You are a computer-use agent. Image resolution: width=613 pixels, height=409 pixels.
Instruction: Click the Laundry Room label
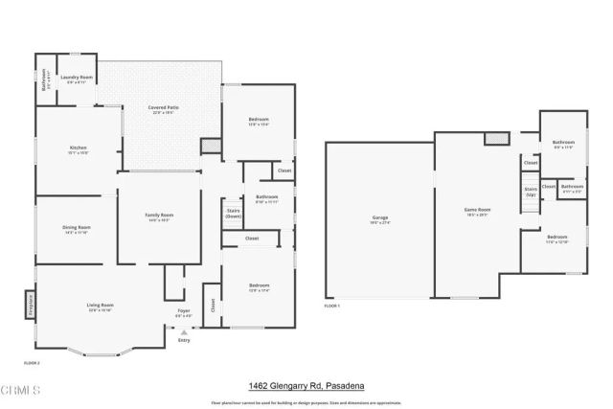point(77,78)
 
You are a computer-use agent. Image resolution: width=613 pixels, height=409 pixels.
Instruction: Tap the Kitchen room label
point(78,148)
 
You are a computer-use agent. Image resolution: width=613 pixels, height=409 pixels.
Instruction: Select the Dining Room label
point(76,228)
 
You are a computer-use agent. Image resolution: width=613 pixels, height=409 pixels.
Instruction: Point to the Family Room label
point(159,216)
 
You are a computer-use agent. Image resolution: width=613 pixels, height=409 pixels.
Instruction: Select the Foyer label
point(183,312)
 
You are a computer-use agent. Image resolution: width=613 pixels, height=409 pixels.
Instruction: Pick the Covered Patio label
point(161,108)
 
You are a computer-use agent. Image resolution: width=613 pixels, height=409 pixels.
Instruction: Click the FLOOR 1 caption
point(331,305)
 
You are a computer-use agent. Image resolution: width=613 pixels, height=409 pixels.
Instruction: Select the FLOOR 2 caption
point(32,362)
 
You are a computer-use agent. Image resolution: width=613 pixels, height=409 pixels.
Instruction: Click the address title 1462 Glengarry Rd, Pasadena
point(306,385)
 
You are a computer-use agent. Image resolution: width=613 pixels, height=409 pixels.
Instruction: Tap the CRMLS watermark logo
point(21,390)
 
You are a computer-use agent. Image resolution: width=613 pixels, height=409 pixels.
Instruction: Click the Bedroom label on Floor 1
point(556,238)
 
